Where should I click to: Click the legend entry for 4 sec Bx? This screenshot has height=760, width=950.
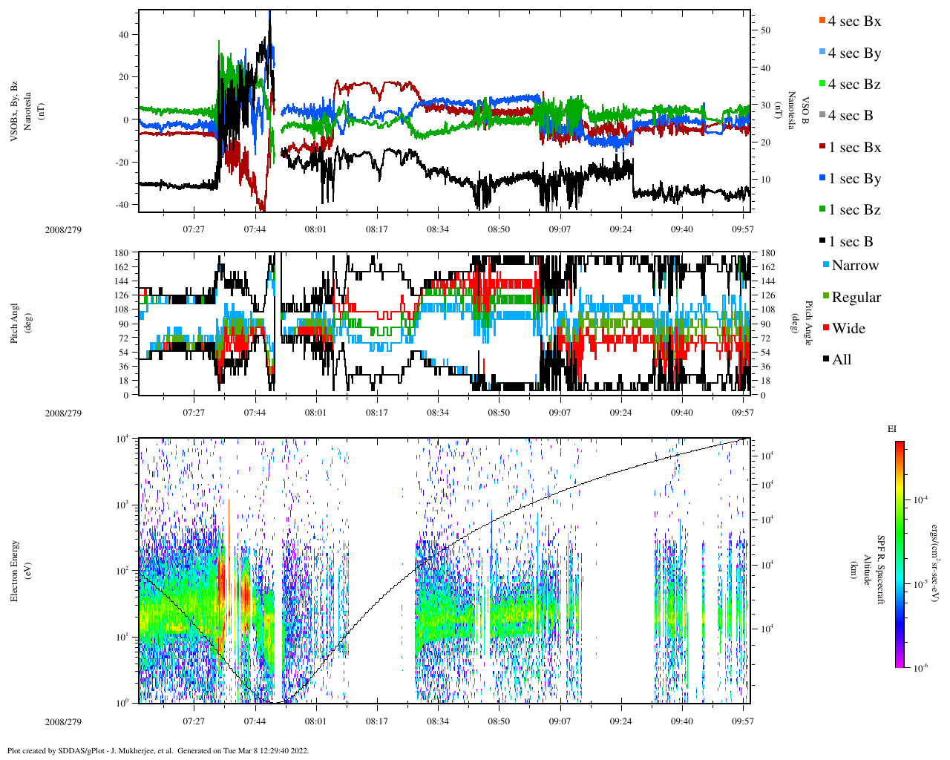854,22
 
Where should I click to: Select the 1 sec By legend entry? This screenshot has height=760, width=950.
854,179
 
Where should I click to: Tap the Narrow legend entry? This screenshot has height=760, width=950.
854,266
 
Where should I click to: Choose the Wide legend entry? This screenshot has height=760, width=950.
848,329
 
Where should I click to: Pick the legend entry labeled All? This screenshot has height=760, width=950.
841,360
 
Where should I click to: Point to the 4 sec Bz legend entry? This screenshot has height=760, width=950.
854,85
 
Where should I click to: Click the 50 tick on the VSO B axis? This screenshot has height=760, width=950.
765,30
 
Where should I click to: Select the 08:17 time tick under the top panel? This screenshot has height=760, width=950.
377,229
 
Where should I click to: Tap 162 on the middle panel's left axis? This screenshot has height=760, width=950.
122,267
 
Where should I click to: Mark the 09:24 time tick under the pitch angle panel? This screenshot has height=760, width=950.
621,413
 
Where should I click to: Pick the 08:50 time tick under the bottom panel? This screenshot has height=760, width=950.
499,721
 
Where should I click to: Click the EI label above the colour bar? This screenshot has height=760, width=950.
892,429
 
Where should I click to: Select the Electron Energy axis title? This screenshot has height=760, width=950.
14,571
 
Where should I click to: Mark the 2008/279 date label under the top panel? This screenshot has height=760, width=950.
63,229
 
